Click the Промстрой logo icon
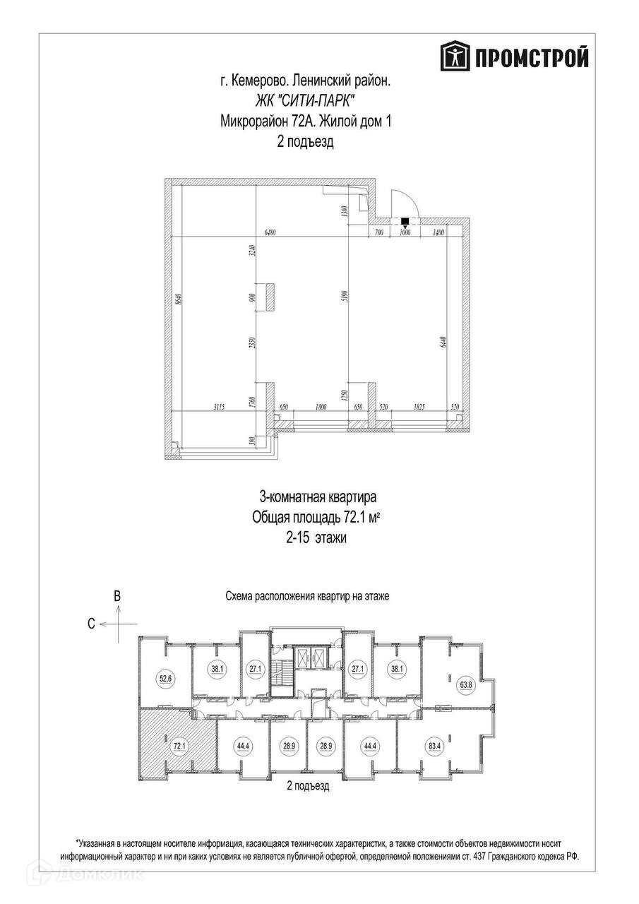(455, 56)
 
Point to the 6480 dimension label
(269, 232)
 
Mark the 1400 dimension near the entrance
(438, 232)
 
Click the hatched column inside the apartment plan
(269, 296)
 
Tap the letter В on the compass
(118, 595)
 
